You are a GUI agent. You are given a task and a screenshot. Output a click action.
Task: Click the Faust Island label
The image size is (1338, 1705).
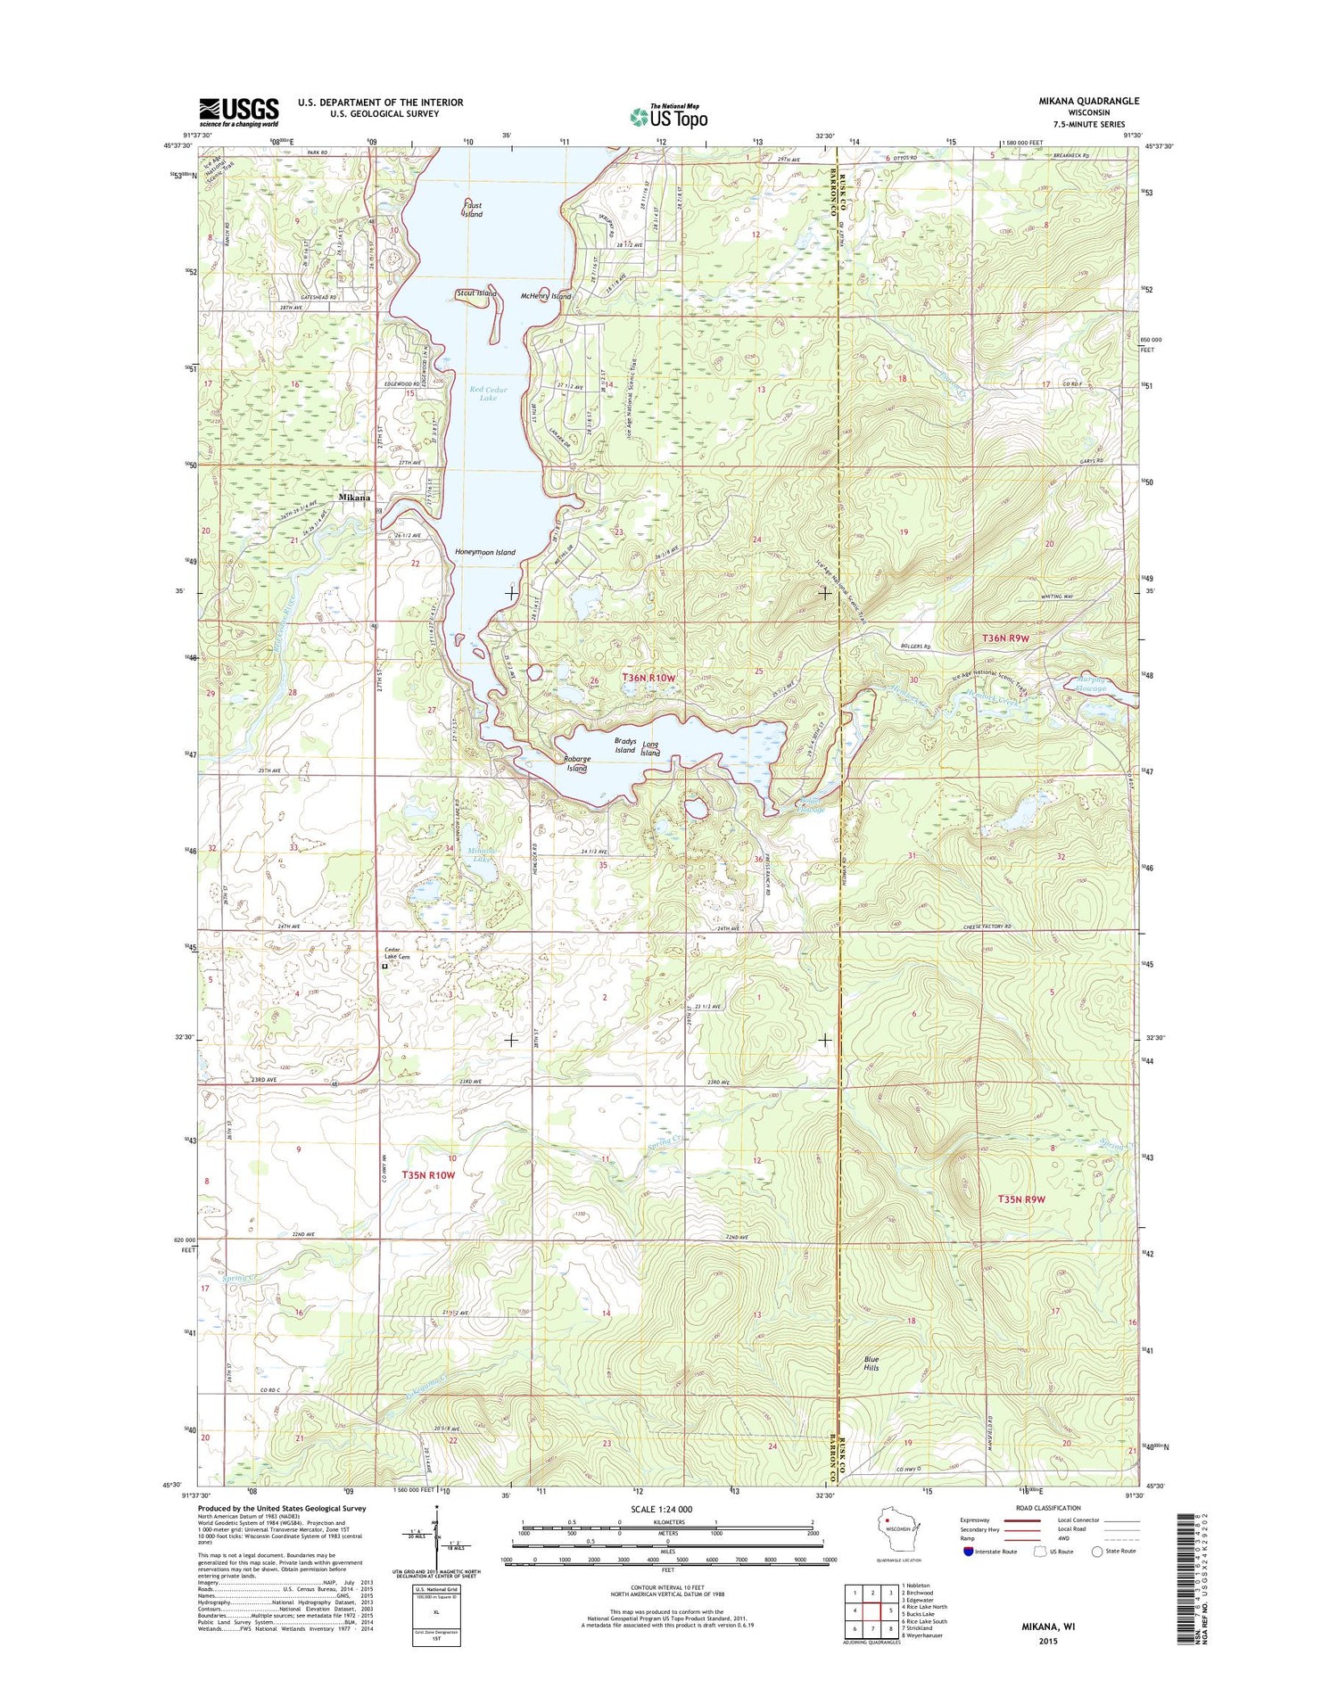(x=473, y=210)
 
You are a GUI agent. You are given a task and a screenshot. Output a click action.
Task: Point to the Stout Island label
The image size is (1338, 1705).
(x=475, y=293)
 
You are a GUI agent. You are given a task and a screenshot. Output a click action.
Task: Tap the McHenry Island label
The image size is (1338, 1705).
(x=545, y=296)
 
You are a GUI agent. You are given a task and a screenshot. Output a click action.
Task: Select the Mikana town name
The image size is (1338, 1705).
(x=354, y=498)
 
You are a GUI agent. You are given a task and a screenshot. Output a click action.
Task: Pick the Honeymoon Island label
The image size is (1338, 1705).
(x=484, y=552)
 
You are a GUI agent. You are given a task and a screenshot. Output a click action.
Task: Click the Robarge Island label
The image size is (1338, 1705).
(x=577, y=763)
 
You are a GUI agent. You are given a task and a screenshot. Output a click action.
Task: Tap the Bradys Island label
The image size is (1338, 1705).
(x=624, y=745)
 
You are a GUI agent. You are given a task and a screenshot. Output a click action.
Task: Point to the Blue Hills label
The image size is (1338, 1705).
(x=871, y=1363)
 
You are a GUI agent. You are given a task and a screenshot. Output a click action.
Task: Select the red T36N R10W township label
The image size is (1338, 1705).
(x=648, y=678)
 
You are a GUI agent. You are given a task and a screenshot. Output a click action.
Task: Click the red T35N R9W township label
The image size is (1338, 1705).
(x=1021, y=1199)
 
